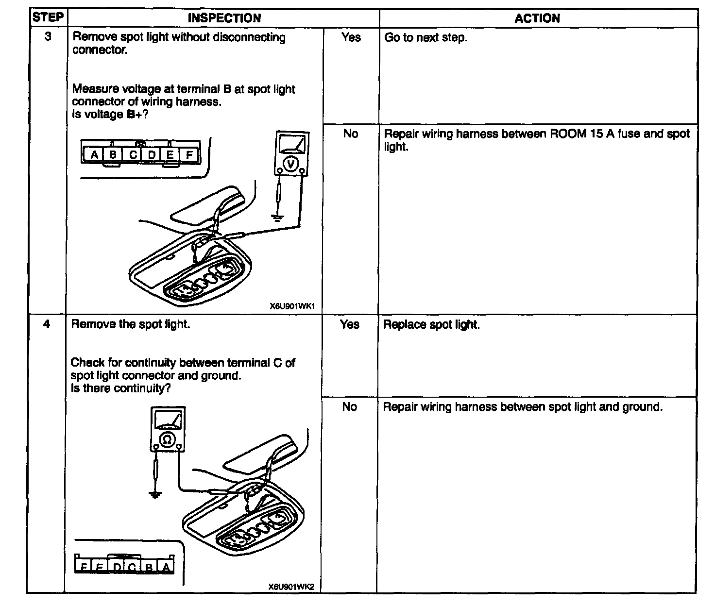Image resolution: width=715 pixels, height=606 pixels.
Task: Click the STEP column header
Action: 48,18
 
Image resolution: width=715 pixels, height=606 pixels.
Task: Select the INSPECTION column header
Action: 224,18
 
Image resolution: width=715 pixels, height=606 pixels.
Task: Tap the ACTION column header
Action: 537,18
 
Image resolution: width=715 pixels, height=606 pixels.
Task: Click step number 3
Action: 48,36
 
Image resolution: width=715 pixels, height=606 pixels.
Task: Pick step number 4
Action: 47,323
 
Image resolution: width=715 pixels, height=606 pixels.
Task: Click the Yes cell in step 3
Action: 351,37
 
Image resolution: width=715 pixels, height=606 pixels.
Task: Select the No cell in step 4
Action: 349,407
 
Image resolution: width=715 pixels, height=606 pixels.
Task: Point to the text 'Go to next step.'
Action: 426,37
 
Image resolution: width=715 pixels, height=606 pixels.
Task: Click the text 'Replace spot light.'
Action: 431,324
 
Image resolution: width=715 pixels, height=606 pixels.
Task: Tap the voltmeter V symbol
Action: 290,165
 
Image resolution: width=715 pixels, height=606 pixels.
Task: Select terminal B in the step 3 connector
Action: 112,155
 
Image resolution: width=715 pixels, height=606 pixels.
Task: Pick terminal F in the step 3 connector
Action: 189,155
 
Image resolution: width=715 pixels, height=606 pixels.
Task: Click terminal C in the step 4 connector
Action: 132,567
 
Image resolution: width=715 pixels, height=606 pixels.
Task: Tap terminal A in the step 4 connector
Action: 166,567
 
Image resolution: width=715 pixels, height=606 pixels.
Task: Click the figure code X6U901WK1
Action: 292,306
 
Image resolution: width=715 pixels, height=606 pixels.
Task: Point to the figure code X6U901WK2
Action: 291,587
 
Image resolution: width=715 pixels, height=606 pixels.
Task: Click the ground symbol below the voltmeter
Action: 277,217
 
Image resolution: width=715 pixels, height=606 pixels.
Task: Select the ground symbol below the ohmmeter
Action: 155,495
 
